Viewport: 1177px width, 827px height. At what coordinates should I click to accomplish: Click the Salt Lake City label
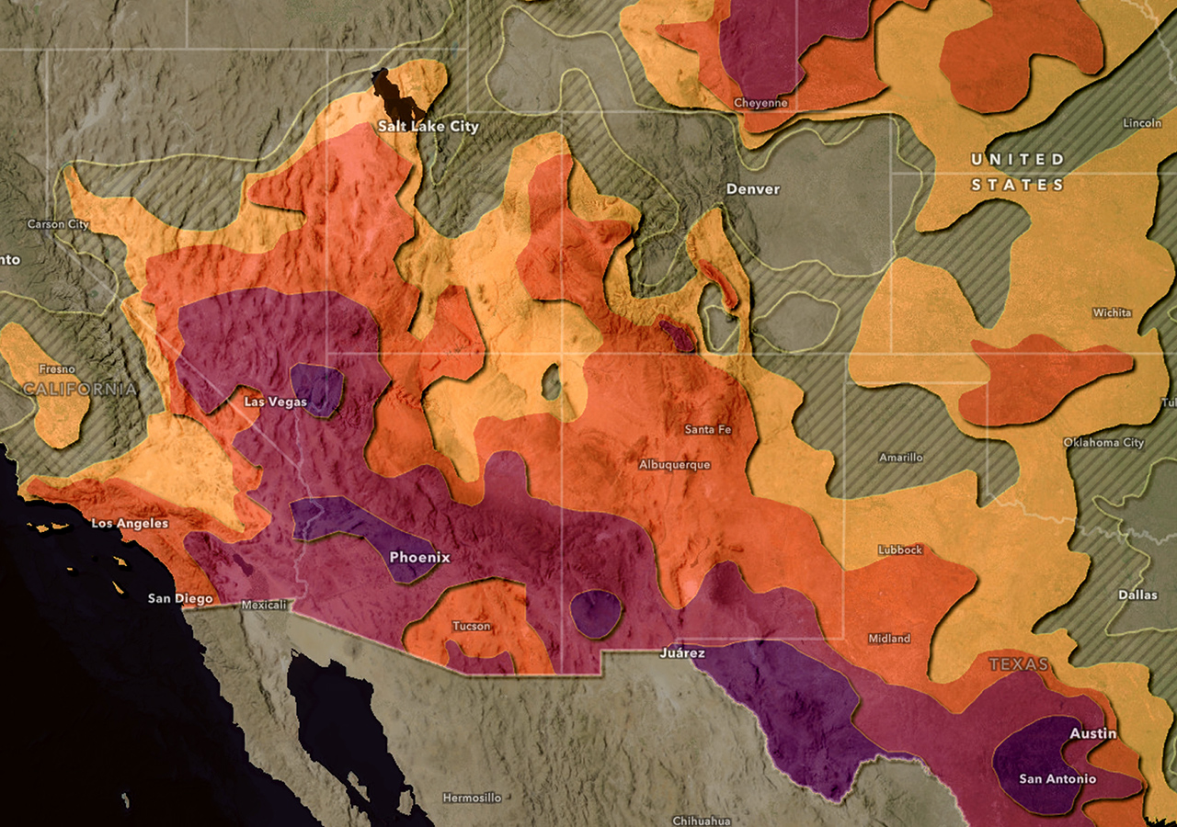pos(429,126)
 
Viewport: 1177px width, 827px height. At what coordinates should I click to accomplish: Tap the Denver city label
pos(752,188)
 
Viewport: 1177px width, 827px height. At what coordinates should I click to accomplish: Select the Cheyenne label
pos(760,103)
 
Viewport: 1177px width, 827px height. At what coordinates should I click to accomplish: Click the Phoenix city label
pos(419,557)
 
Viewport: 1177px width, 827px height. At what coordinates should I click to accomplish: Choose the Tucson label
pos(472,626)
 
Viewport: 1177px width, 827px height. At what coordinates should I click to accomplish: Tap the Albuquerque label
pos(674,464)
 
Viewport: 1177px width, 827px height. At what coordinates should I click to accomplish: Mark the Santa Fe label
pos(708,429)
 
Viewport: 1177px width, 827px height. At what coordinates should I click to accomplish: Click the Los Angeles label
pos(130,523)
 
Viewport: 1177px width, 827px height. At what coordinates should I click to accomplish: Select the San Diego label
pos(180,598)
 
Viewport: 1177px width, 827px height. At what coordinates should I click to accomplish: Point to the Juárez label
pos(682,652)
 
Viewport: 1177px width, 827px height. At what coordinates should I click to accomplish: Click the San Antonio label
pos(1057,778)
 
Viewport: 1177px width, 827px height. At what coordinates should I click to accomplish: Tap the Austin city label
pos(1092,733)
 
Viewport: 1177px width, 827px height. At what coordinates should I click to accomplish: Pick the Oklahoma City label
pos(1103,442)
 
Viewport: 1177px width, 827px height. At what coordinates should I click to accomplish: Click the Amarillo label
pos(900,457)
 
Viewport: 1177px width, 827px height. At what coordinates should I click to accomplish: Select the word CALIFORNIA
pos(79,389)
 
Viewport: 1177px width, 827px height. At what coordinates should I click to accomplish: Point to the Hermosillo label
pos(472,798)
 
